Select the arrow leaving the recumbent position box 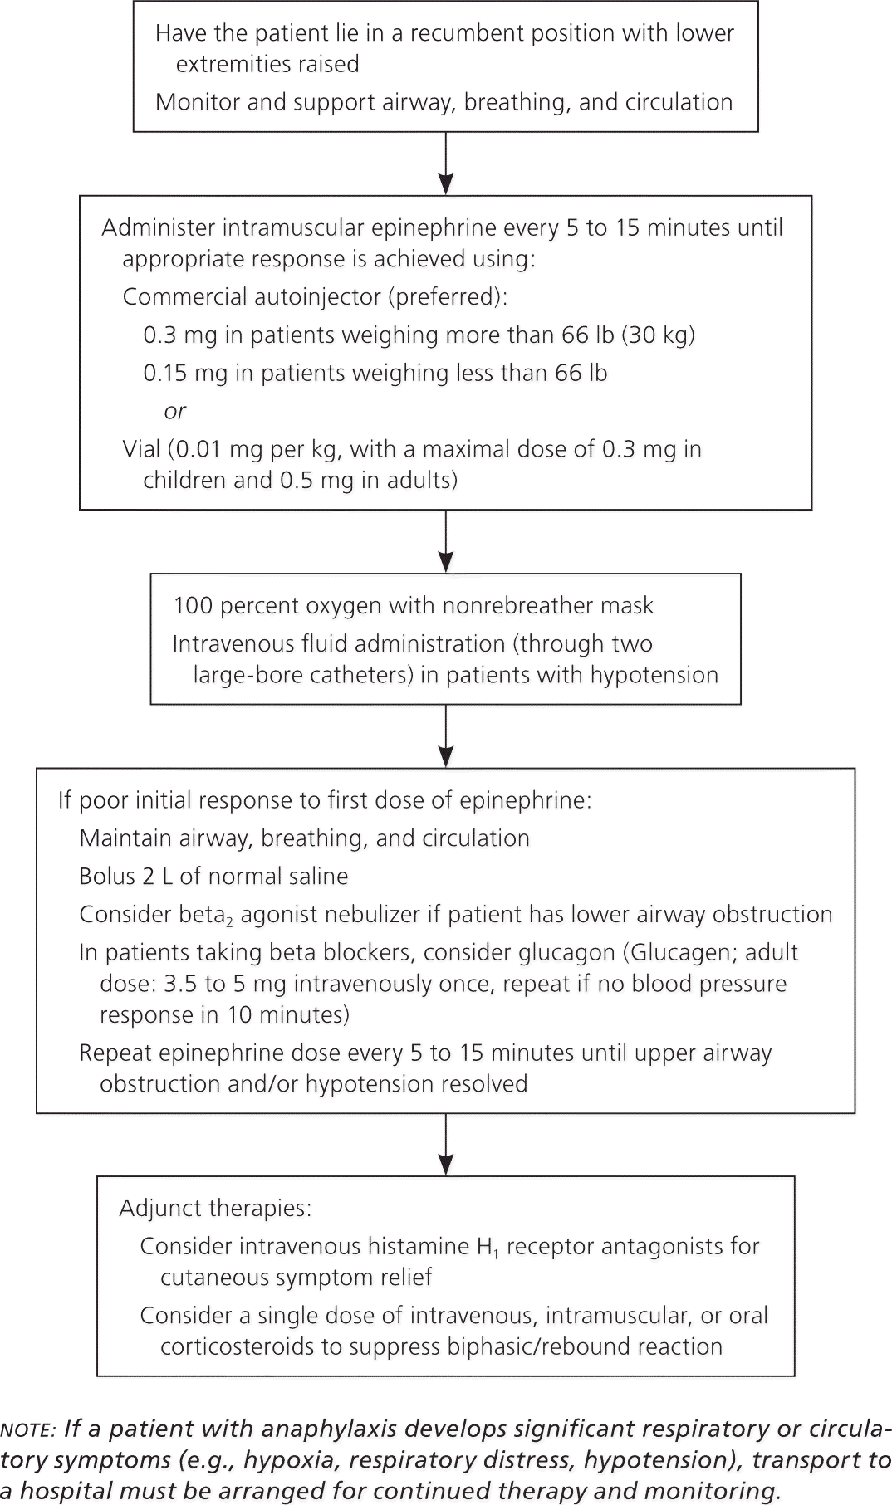pos(446,164)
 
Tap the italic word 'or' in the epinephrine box pos(174,411)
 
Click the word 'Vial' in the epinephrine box pos(141,449)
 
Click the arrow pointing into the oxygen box pos(446,541)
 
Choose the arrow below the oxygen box pos(446,736)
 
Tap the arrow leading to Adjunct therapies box pos(446,1145)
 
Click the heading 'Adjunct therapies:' pos(215,1208)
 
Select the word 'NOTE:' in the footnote pos(28,1429)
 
